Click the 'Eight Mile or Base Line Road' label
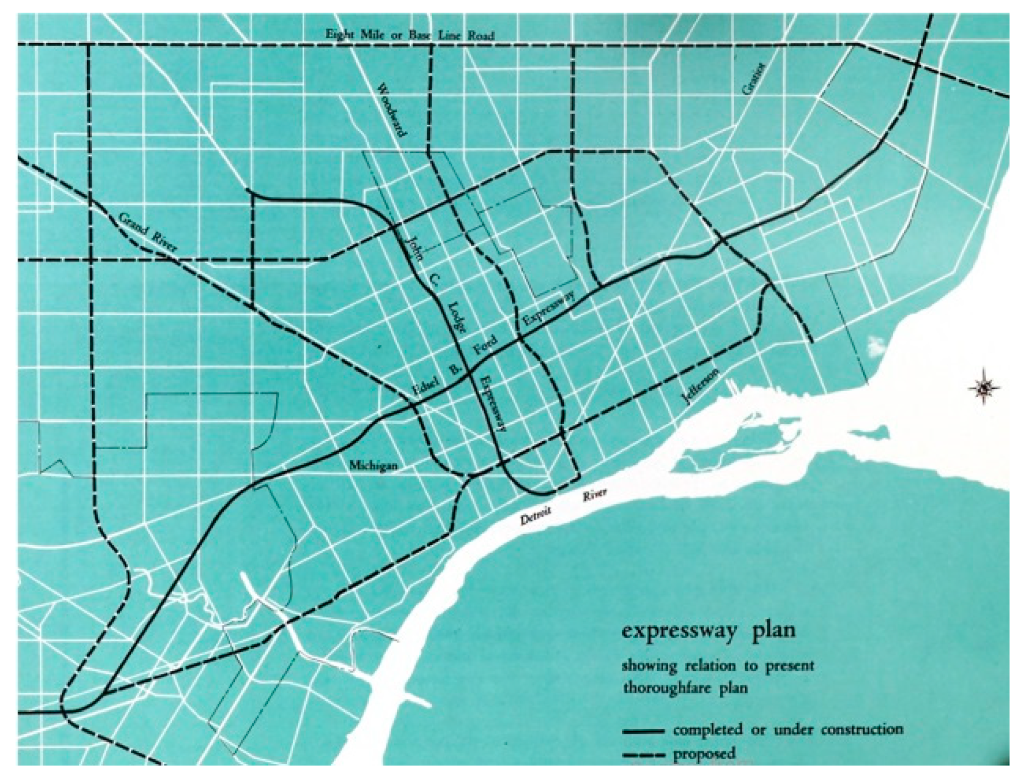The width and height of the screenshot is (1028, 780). pos(410,35)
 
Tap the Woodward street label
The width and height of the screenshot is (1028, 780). pos(391,110)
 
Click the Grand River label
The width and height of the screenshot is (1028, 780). pos(148,233)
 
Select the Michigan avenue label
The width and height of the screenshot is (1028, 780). pos(373,465)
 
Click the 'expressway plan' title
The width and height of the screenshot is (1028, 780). pos(708,630)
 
